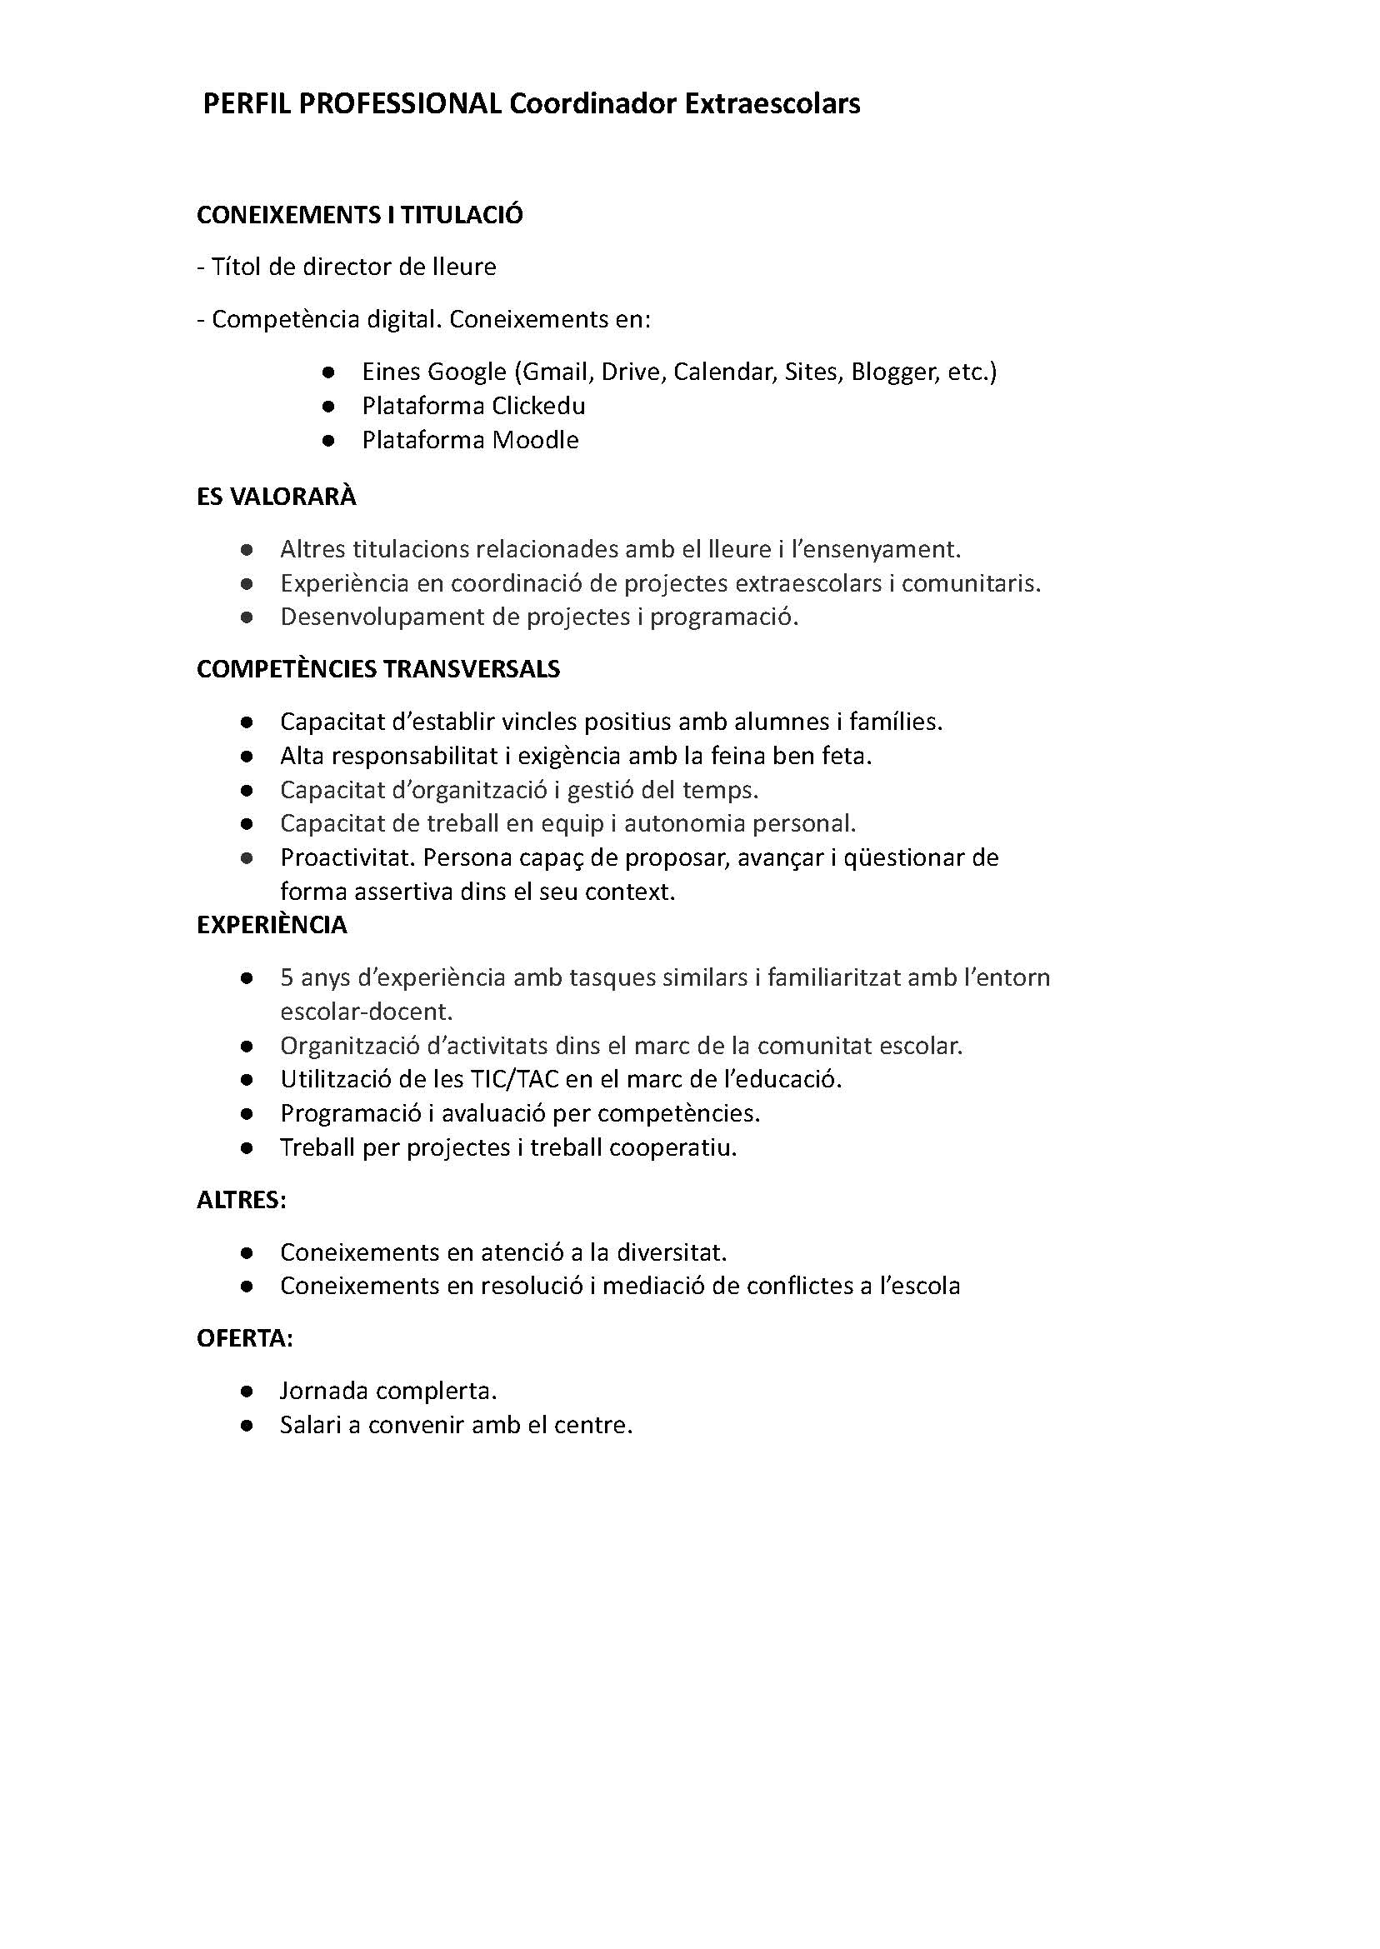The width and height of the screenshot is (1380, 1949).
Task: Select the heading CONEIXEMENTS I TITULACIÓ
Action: (359, 215)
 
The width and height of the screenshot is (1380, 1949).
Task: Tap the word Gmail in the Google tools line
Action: (556, 372)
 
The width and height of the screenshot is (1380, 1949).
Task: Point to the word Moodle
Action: (535, 440)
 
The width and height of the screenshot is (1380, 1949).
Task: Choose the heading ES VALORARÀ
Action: (276, 497)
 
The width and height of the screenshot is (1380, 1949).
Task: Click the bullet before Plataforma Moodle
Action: (328, 440)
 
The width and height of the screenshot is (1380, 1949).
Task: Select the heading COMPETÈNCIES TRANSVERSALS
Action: (378, 669)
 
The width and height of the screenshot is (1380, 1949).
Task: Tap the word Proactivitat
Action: (347, 858)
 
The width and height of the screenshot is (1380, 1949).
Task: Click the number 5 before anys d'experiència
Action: (287, 978)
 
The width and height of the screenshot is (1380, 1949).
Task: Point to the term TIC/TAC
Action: (512, 1080)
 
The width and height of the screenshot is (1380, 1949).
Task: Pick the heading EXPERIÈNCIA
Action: (272, 925)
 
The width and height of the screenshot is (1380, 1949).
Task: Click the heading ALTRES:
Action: (242, 1201)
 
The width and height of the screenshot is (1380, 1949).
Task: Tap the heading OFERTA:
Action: (245, 1339)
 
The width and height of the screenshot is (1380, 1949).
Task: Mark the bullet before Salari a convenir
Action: (247, 1426)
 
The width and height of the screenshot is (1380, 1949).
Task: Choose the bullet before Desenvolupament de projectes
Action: (247, 617)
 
